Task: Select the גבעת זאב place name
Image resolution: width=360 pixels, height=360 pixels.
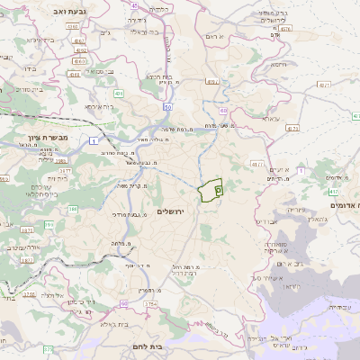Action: point(36,10)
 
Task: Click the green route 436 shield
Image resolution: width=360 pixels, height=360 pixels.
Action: point(119,93)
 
